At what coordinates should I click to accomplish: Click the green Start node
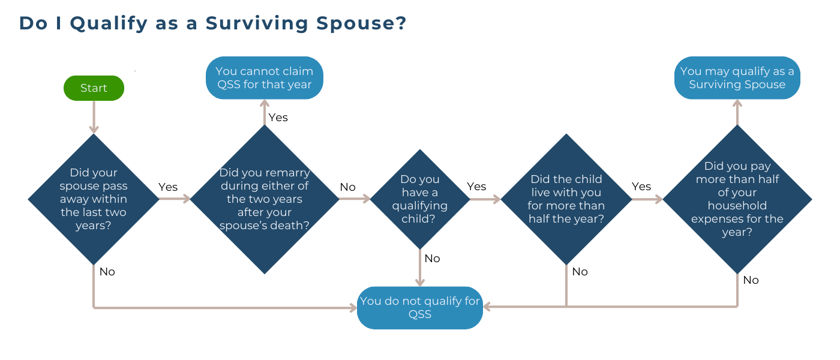(x=94, y=88)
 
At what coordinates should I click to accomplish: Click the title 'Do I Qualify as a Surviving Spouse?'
(x=212, y=23)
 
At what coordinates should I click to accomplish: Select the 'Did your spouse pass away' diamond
(x=94, y=199)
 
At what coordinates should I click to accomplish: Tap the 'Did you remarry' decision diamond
(x=265, y=199)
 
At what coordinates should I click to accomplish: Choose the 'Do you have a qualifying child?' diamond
(x=420, y=199)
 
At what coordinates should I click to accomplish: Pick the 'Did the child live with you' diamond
(x=566, y=199)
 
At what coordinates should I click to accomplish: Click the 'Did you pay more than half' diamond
(x=737, y=199)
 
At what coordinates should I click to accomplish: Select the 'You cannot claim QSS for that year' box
(x=265, y=78)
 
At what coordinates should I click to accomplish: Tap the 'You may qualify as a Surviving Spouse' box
(x=737, y=78)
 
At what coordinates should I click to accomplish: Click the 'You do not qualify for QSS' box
(x=420, y=307)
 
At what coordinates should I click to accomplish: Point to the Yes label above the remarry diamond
(x=278, y=118)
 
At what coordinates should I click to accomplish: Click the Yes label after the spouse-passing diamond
(x=168, y=187)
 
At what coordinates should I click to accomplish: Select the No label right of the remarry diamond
(x=347, y=187)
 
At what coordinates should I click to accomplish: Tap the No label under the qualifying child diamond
(x=432, y=259)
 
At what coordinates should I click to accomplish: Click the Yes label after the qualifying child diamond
(x=476, y=187)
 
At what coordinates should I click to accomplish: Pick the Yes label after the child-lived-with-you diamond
(x=641, y=187)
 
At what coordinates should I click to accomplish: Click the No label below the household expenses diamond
(x=751, y=280)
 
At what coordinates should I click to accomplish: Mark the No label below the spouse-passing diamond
(x=107, y=272)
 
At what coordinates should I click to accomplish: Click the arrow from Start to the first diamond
(x=94, y=117)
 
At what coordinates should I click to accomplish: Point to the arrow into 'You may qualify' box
(x=737, y=112)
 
